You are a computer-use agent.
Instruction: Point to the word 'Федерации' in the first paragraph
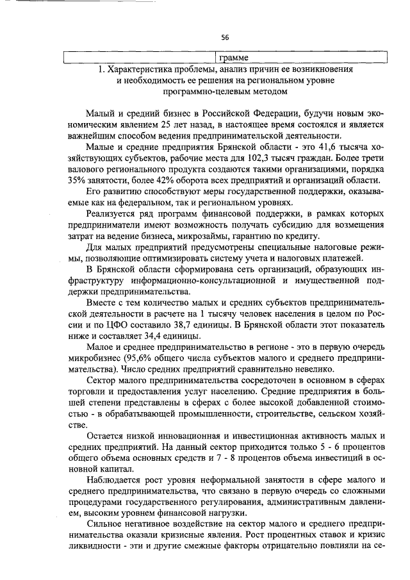pyautogui.click(x=268, y=112)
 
